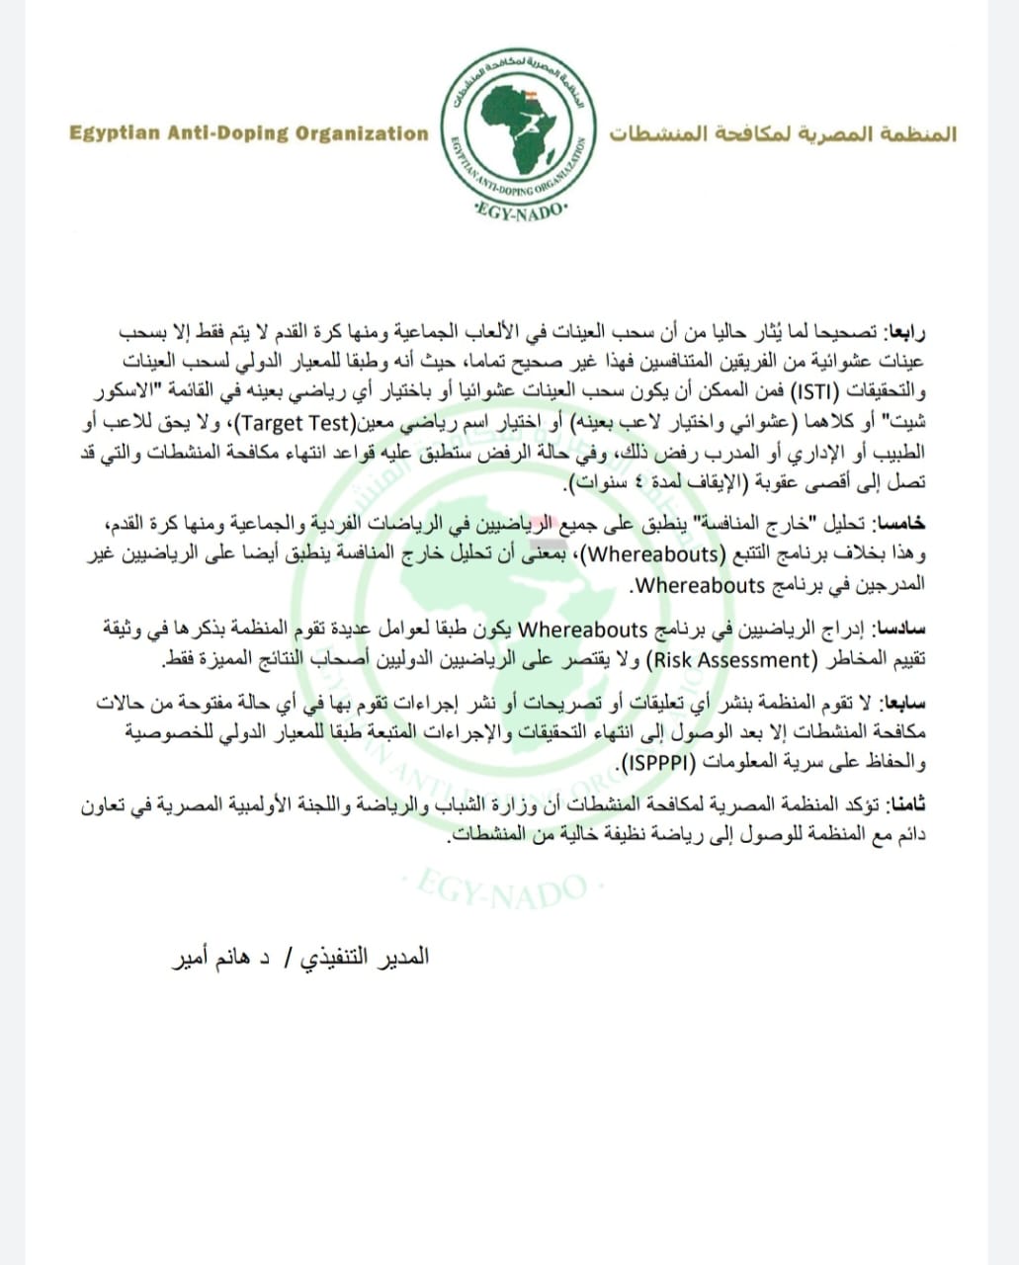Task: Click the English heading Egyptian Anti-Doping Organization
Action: (249, 133)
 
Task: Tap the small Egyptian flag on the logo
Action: (532, 97)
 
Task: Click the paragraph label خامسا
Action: (901, 524)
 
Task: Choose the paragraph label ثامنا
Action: (904, 806)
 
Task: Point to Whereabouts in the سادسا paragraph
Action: (583, 630)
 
